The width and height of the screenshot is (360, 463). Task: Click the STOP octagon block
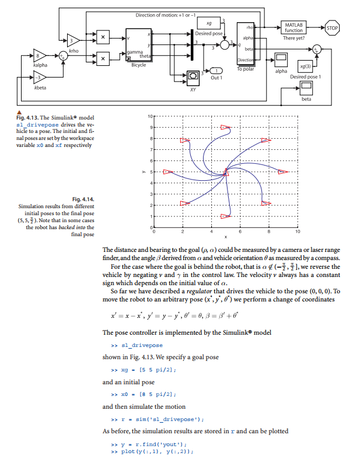[x=333, y=27]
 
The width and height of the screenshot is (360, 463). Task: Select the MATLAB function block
[x=298, y=27]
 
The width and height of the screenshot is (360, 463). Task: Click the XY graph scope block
[x=193, y=76]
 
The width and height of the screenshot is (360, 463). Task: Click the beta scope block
[x=306, y=89]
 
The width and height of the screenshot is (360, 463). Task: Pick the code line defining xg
[x=135, y=370]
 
